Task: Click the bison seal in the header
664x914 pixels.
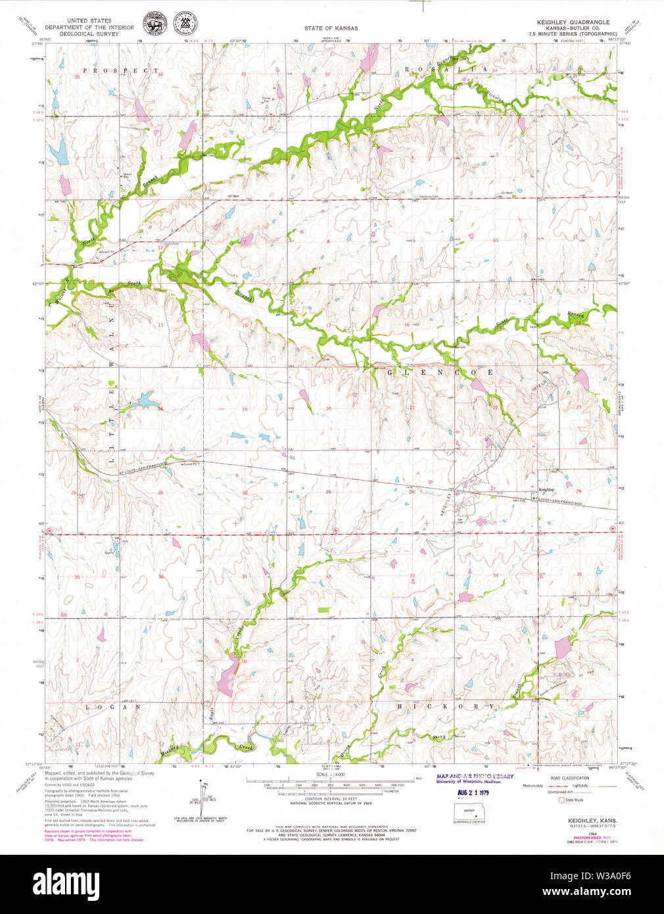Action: point(156,25)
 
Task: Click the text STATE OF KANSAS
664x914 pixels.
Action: point(331,28)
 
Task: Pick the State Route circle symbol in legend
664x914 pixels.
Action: point(561,800)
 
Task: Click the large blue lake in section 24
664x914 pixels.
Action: point(145,399)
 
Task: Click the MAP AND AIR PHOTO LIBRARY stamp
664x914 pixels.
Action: point(475,777)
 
